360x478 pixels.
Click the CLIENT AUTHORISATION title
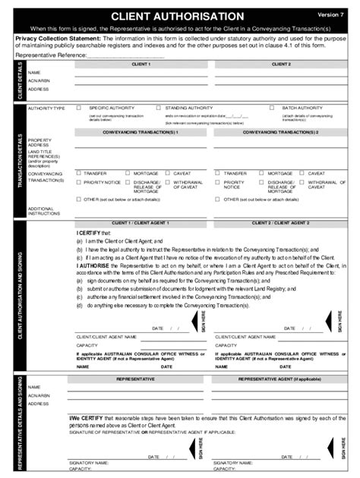pos(178,16)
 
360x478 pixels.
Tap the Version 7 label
pos(330,14)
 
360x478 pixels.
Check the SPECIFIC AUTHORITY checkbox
pos(78,108)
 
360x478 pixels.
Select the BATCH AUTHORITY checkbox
pos(271,108)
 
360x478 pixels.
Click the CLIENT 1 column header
pos(141,64)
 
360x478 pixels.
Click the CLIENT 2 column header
pos(280,64)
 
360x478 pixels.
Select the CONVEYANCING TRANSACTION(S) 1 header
pos(141,132)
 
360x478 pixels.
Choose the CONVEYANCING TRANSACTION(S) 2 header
pos(280,132)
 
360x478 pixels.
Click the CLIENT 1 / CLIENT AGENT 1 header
pos(141,223)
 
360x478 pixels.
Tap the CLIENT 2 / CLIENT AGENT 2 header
pos(280,223)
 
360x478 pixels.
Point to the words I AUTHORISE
pos(92,266)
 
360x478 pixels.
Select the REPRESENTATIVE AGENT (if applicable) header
pos(280,378)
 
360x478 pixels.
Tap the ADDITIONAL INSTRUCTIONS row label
pos(44,211)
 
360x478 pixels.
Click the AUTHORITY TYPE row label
pos(46,108)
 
